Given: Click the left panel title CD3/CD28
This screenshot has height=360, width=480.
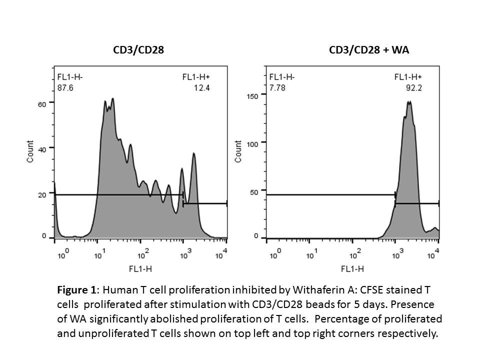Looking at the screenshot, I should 138,50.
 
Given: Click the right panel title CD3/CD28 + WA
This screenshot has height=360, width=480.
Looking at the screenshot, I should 369,50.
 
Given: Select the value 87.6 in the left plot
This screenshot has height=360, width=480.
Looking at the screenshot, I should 64,87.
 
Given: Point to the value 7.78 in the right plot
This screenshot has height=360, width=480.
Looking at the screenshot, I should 277,87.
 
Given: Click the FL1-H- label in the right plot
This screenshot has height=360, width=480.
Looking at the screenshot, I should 282,77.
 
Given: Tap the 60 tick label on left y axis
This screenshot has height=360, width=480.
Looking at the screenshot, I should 43,104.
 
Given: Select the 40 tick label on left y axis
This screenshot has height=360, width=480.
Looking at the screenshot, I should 43,149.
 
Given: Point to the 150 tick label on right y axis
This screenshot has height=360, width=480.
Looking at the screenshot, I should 253,95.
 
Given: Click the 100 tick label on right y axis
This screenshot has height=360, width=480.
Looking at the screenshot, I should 253,143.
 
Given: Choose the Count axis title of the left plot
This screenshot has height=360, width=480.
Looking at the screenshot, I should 31,151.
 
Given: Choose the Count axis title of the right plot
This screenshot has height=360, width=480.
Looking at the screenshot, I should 238,151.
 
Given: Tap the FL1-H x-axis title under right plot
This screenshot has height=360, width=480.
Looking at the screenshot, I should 353,269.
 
